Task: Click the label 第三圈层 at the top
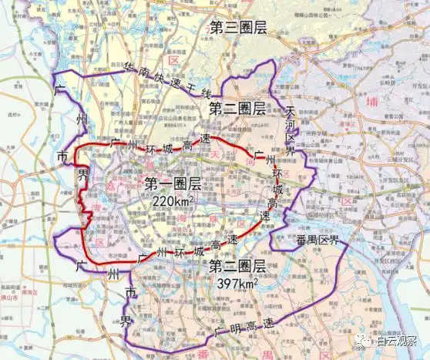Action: [x=238, y=28]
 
